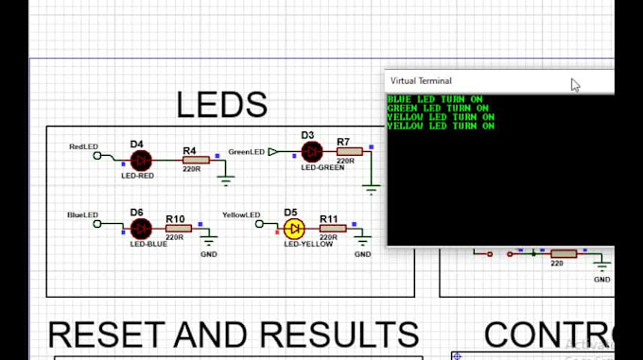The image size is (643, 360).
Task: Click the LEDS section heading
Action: (221, 104)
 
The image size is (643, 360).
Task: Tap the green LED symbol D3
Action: (311, 150)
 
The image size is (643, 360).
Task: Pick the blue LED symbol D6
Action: (140, 228)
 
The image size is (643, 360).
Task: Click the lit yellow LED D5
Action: (294, 229)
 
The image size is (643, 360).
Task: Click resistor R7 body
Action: (349, 150)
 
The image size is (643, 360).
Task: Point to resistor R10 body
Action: (179, 228)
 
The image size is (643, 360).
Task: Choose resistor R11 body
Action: (333, 229)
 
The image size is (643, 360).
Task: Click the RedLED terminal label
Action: (82, 147)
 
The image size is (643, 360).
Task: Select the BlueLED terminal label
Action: (82, 215)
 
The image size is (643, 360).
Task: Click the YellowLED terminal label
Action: (240, 215)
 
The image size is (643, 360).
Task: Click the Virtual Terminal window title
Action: (421, 81)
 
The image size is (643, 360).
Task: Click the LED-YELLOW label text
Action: (311, 244)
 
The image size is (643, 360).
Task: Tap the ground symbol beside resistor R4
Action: (226, 175)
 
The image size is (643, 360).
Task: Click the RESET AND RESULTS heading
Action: (233, 334)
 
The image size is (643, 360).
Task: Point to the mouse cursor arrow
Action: (575, 85)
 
